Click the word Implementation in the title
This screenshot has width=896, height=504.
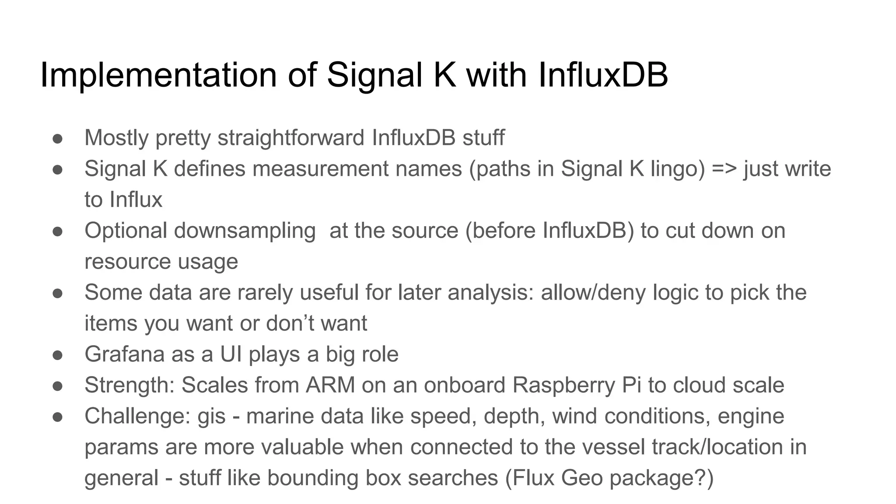158,75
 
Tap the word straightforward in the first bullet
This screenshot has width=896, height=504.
291,138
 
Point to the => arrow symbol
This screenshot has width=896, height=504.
724,169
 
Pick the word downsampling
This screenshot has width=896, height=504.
245,231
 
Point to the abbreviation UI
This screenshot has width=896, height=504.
231,354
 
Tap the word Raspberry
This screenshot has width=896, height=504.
563,385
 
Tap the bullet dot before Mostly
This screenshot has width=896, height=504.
58,139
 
